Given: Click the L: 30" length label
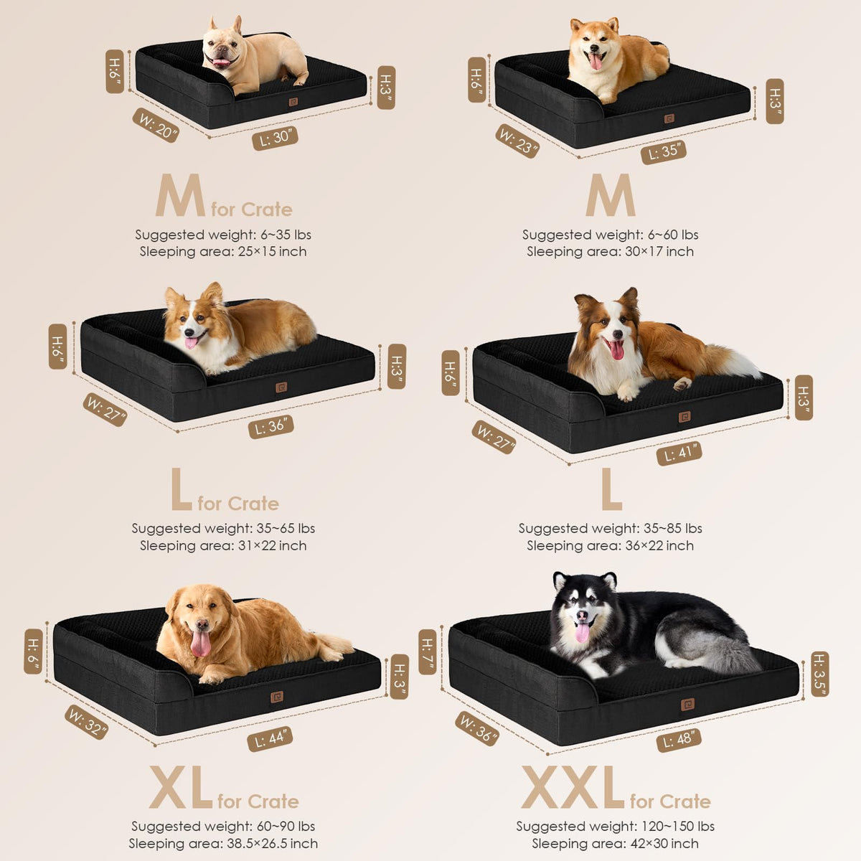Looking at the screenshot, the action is click(x=276, y=138).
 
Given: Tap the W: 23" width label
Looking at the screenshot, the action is click(x=517, y=141).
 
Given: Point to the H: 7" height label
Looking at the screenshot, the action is click(x=427, y=652).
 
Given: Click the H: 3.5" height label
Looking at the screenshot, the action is click(x=820, y=674).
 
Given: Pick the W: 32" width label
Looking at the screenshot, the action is click(x=86, y=722).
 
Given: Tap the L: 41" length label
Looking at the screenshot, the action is click(x=679, y=453).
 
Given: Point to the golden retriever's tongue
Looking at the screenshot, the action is click(x=201, y=643).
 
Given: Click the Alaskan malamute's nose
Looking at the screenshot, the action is click(x=582, y=616).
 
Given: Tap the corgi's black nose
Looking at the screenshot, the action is click(x=189, y=332).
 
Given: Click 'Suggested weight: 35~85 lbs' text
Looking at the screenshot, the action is click(x=611, y=529).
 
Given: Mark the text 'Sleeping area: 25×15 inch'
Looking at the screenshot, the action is click(x=223, y=252).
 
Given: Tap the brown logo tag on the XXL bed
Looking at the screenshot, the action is click(x=687, y=705).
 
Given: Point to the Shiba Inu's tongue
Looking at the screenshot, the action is click(x=596, y=62).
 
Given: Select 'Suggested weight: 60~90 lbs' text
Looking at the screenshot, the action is click(x=223, y=826).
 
